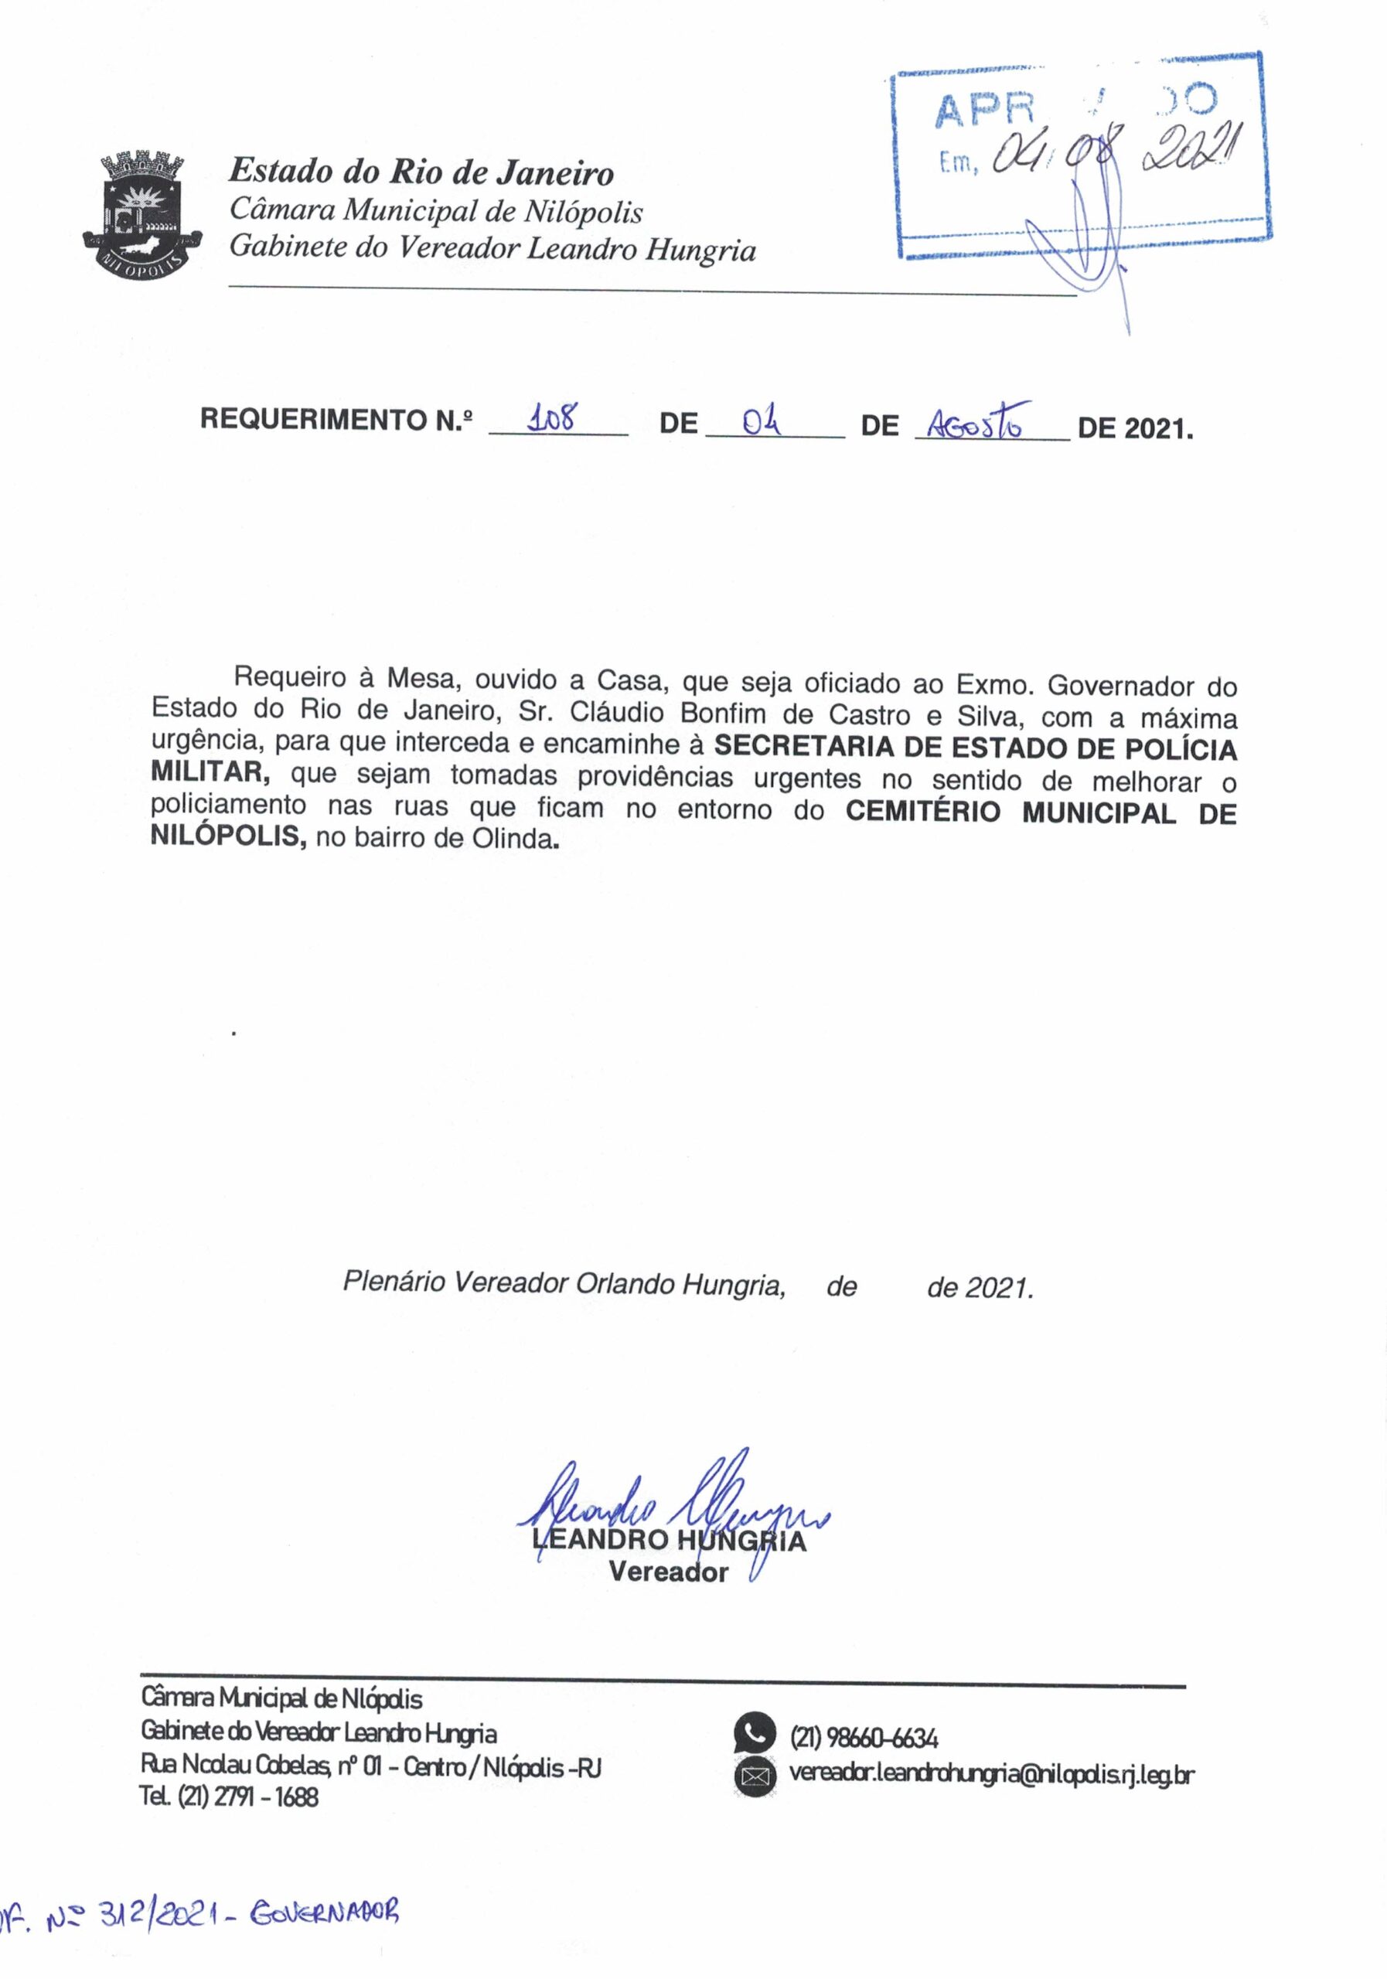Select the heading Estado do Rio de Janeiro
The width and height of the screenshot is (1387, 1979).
coord(421,172)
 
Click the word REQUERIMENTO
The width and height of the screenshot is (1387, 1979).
coord(313,420)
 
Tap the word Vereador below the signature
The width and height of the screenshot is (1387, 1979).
coord(668,1572)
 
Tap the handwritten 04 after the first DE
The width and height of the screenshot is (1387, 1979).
coord(762,421)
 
